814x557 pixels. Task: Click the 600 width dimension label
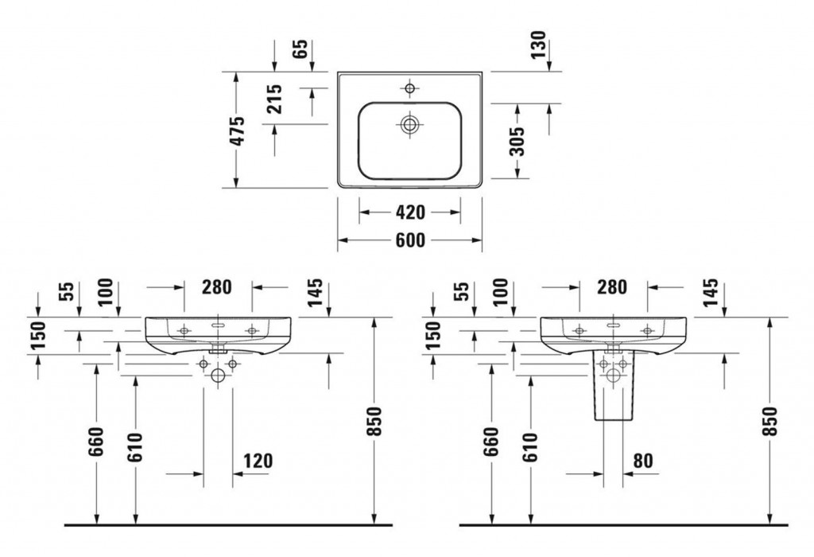[410, 239]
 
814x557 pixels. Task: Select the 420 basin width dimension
[410, 212]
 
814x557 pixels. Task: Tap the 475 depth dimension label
[238, 130]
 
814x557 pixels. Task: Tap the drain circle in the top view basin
[410, 123]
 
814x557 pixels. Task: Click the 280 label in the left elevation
[218, 286]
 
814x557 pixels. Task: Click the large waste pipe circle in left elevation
[218, 378]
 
